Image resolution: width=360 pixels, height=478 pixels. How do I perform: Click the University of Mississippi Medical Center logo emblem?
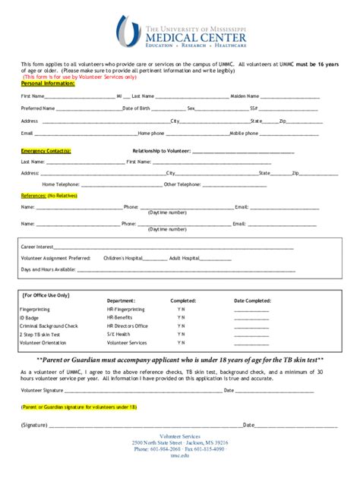(x=129, y=31)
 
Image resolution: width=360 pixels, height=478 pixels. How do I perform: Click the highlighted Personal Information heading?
(x=48, y=83)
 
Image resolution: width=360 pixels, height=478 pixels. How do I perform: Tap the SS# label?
(x=253, y=108)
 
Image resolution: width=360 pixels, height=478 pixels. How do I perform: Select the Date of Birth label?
(x=138, y=108)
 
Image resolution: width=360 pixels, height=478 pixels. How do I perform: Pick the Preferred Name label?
(x=38, y=108)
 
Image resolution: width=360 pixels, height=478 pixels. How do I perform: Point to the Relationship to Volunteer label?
(x=161, y=151)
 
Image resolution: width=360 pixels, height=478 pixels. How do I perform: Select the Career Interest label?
(x=37, y=247)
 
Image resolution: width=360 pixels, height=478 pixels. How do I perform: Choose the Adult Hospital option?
(x=185, y=258)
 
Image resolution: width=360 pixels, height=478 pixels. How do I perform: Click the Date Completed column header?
(x=252, y=300)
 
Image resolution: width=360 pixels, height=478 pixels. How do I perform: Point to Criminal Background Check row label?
(x=49, y=325)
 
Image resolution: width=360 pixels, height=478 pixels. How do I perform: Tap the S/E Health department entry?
(x=118, y=334)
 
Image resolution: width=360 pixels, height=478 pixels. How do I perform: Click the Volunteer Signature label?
(x=43, y=391)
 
